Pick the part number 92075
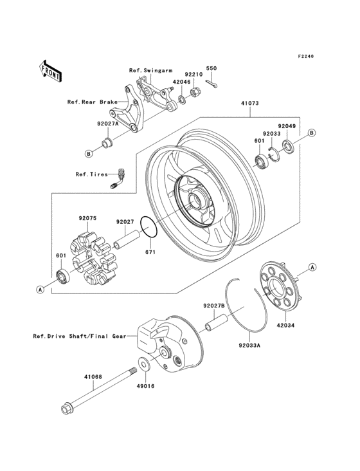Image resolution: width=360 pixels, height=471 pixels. pyautogui.click(x=87, y=218)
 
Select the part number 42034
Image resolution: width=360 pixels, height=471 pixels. pyautogui.click(x=285, y=326)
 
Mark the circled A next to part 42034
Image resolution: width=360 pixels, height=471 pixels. pyautogui.click(x=312, y=266)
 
